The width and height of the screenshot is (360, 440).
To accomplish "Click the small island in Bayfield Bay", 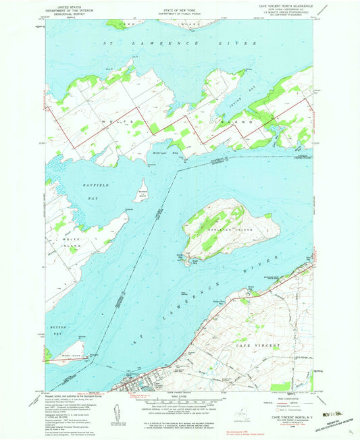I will [x=143, y=190].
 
